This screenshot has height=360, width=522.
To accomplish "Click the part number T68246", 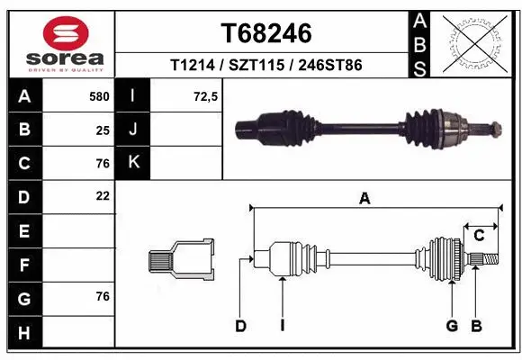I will (x=266, y=33).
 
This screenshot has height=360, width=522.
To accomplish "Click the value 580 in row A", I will (x=100, y=94).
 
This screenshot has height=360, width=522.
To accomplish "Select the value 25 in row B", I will (x=103, y=129).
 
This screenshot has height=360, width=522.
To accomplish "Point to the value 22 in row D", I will (x=103, y=195).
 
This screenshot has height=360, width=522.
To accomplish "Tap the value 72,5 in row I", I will (x=206, y=94).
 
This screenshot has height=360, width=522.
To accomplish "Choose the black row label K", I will (x=133, y=162).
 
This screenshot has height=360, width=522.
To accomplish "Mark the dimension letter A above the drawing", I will (x=364, y=200).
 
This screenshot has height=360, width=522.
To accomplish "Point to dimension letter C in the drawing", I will (x=479, y=236).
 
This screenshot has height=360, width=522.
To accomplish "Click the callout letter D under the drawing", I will (x=240, y=325).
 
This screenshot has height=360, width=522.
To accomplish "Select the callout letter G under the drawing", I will (x=453, y=325).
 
